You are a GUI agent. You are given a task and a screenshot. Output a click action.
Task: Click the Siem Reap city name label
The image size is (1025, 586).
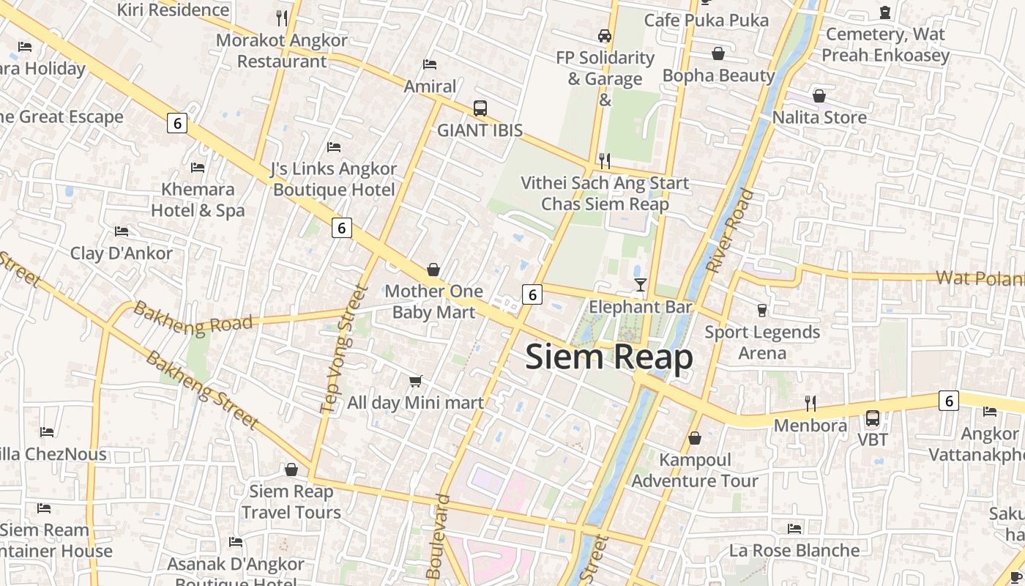(609, 357)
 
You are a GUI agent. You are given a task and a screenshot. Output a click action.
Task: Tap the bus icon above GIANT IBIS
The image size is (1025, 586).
(480, 108)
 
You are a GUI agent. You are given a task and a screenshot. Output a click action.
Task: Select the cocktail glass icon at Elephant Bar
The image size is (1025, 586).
(641, 284)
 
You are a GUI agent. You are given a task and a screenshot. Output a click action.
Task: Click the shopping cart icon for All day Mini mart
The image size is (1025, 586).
(416, 381)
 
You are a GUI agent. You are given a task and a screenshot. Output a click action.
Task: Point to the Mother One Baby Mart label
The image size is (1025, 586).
(433, 302)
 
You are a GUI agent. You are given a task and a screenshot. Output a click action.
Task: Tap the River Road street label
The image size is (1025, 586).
(730, 231)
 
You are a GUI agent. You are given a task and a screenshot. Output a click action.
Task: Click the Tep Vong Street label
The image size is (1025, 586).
(342, 349)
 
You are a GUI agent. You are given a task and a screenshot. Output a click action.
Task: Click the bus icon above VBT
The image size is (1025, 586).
(873, 418)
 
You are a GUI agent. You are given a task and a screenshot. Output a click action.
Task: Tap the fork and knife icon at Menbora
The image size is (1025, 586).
(810, 403)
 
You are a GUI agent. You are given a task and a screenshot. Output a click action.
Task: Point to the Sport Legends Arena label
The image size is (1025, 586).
(762, 342)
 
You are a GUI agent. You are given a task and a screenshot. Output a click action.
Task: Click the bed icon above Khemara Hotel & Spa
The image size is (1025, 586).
(198, 168)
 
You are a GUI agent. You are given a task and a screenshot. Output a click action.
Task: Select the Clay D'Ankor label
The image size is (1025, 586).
(122, 253)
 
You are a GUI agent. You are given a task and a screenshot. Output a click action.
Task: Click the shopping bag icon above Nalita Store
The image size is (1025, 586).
(819, 96)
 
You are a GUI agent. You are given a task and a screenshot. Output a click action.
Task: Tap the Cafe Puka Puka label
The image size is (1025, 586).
(707, 20)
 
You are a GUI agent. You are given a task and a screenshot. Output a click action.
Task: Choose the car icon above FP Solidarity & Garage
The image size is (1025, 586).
(605, 35)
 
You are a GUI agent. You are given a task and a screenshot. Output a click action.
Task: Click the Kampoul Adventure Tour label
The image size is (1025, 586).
(695, 470)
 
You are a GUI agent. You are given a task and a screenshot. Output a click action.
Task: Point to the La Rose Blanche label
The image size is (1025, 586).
(794, 550)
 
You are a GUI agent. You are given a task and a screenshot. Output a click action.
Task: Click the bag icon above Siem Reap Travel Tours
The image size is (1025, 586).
(291, 470)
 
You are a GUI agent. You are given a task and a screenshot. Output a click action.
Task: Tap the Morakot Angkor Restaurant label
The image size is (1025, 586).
(282, 51)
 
